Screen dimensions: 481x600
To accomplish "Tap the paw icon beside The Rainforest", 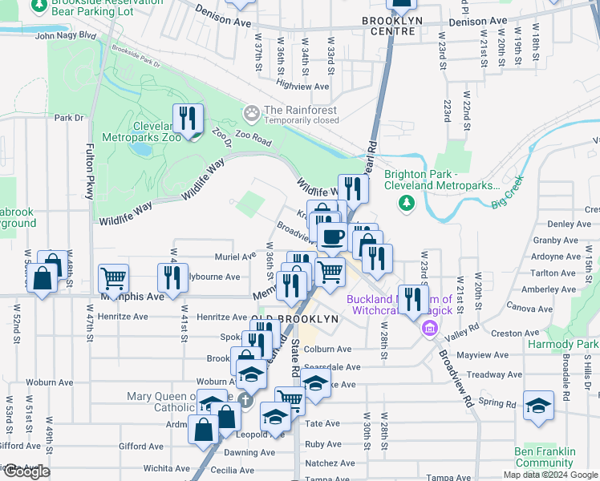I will click(252, 111).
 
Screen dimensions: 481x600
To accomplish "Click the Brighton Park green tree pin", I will click(407, 203).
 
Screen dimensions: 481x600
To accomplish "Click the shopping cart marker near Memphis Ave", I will click(113, 279).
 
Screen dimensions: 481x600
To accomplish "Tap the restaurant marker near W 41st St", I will click(172, 277).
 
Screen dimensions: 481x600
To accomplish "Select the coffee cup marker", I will click(331, 236).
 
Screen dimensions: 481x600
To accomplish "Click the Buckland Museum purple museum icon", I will click(430, 328).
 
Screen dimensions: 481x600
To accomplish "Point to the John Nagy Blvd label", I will click(65, 35).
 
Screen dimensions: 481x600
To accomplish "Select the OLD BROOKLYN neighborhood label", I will click(294, 319).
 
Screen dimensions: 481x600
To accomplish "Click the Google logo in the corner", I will click(27, 471).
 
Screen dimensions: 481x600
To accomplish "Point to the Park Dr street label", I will click(68, 118).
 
